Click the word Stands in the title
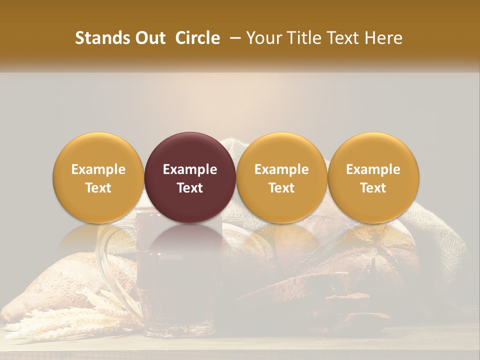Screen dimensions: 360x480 pyautogui.click(x=100, y=38)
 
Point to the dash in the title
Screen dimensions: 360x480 pyautogui.click(x=232, y=38)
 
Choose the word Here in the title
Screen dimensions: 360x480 pyautogui.click(x=383, y=38)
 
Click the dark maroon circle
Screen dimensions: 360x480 pyautogui.click(x=190, y=177)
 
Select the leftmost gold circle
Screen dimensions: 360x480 pyautogui.click(x=98, y=177)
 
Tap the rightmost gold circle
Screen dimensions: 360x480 pyautogui.click(x=373, y=177)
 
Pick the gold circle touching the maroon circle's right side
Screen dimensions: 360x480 pyautogui.click(x=281, y=177)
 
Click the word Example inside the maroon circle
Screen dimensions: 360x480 pyautogui.click(x=190, y=169)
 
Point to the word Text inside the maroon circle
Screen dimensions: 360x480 pyautogui.click(x=190, y=188)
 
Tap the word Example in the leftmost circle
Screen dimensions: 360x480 pyautogui.click(x=98, y=169)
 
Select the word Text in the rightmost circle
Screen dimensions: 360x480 pyautogui.click(x=373, y=188)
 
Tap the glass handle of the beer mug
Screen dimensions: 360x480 pyautogui.click(x=107, y=260)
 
